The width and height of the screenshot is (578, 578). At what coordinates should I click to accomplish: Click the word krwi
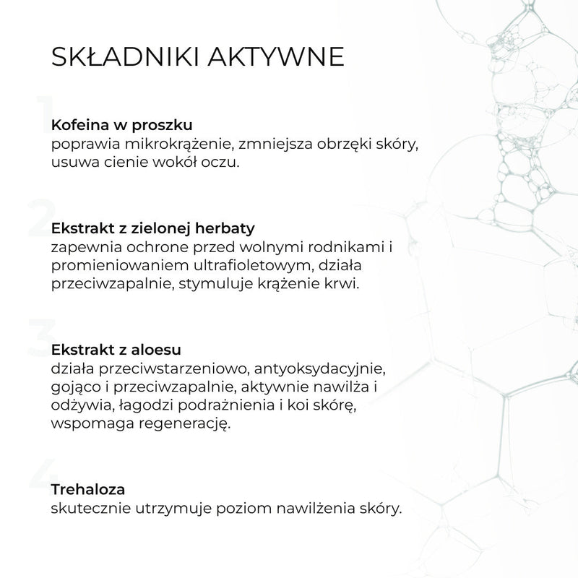click(x=343, y=284)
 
